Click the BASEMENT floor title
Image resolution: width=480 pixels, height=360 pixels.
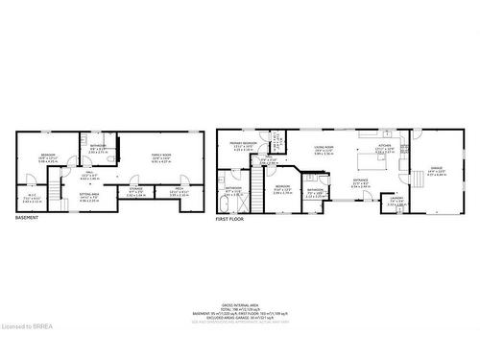(x=27, y=219)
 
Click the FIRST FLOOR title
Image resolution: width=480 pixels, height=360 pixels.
(x=230, y=219)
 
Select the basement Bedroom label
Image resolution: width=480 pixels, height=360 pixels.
(x=48, y=156)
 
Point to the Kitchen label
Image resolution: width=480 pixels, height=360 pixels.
(x=384, y=146)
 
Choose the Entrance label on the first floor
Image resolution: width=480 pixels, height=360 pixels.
(x=361, y=180)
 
